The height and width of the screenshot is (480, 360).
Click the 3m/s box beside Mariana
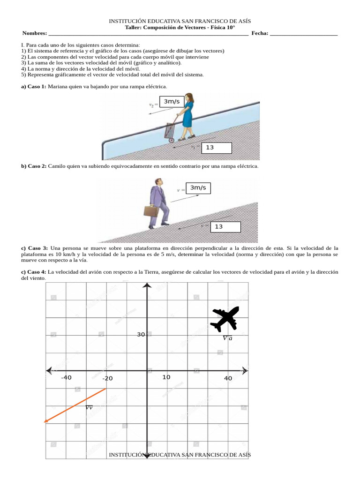tap(174, 102)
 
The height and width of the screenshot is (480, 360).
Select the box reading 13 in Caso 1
tap(217, 148)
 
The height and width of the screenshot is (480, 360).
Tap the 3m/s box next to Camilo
tap(198, 188)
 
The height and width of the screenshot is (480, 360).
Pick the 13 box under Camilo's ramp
tap(225, 227)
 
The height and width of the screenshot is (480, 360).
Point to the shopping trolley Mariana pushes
tap(171, 130)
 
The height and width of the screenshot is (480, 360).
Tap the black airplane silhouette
tap(225, 319)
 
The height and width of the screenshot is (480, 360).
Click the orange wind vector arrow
tap(75, 405)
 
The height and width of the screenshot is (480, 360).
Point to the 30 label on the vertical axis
tap(141, 335)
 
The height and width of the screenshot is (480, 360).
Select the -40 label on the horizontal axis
tap(66, 378)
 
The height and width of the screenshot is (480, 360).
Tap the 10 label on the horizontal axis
tap(166, 377)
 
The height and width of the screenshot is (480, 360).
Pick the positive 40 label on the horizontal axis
tap(228, 378)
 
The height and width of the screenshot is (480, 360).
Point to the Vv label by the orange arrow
tap(89, 408)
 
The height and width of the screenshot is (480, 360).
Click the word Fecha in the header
tap(260, 33)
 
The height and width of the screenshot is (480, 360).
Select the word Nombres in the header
tap(34, 33)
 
